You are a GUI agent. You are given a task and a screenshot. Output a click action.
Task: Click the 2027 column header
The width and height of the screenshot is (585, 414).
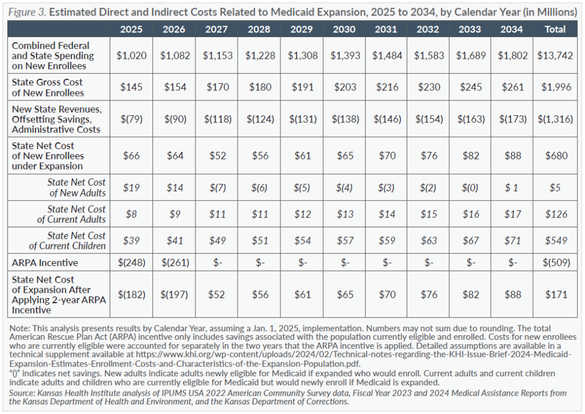tap(217, 29)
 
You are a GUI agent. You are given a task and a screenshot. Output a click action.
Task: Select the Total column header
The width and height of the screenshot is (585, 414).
tap(555, 29)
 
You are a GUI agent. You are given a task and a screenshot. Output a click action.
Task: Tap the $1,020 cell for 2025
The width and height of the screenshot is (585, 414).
tap(131, 55)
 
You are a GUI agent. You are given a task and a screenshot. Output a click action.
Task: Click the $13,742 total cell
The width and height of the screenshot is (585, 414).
tap(555, 55)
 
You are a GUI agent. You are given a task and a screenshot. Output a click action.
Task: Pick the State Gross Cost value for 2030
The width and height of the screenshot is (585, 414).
tap(344, 87)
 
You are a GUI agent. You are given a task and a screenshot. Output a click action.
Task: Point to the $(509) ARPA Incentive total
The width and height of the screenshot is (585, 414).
tap(555, 262)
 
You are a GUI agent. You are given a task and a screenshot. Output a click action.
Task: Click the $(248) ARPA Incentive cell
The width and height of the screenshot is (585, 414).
tap(131, 262)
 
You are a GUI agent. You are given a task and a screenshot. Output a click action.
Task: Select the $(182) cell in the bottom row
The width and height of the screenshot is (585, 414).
tap(131, 295)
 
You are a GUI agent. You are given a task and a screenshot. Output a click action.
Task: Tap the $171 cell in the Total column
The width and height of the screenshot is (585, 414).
tap(555, 295)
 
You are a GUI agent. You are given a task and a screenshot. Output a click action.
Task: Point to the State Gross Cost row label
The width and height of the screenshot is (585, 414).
tap(48, 87)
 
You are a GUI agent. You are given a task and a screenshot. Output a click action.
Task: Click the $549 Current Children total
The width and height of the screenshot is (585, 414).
tap(555, 240)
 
